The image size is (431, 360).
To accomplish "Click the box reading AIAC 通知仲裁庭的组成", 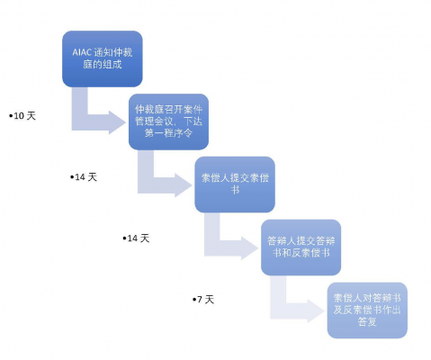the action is point(103,58).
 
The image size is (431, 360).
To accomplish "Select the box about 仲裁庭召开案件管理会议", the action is point(168,121).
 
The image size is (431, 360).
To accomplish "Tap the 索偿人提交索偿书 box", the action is point(235,184).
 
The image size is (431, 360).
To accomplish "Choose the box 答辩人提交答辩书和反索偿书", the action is point(301,247).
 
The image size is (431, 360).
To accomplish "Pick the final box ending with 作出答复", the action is point(367,310).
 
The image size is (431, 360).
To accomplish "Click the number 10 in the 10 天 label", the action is point(19,116).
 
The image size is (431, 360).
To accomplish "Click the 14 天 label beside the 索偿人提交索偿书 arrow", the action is point(84,177).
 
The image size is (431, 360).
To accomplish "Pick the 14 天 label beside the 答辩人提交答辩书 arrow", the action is point(136,238).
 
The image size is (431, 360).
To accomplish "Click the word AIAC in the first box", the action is point(82,52).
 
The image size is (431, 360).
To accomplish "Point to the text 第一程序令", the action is point(168,133).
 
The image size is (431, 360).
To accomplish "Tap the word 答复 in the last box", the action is point(367,321).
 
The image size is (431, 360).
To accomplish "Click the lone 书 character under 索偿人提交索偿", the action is point(235,190).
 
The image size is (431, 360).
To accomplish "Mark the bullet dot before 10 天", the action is point(11,115).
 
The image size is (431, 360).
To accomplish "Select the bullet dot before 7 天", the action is point(194,299).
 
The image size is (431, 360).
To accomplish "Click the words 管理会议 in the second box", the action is point(154,121).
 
